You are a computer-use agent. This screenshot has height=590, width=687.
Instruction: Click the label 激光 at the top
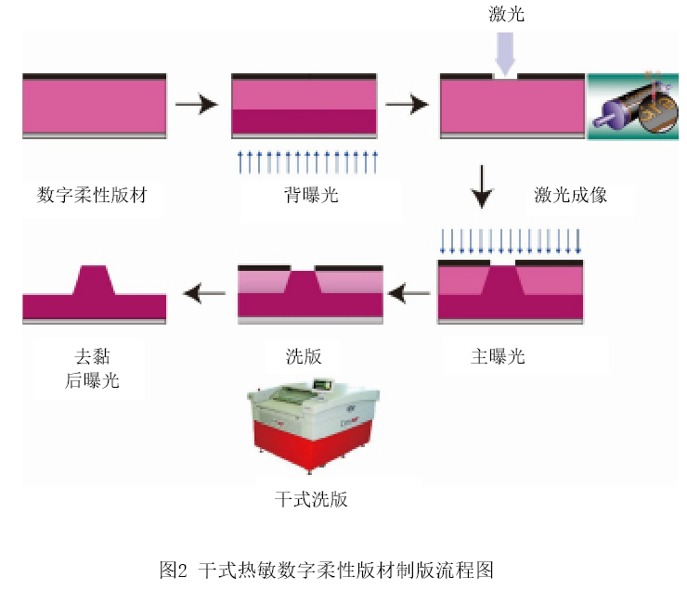[x=507, y=14]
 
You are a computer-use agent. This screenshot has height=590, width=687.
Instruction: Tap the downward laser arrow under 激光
[x=504, y=53]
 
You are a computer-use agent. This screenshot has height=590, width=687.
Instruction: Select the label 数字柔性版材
[x=93, y=196]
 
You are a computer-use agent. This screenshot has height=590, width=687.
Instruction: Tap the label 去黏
[x=94, y=356]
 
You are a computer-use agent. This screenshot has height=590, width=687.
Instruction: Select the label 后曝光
[x=93, y=380]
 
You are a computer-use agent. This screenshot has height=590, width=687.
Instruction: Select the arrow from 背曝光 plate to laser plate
[x=407, y=105]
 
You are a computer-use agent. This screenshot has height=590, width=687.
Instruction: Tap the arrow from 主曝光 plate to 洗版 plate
[x=409, y=295]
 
